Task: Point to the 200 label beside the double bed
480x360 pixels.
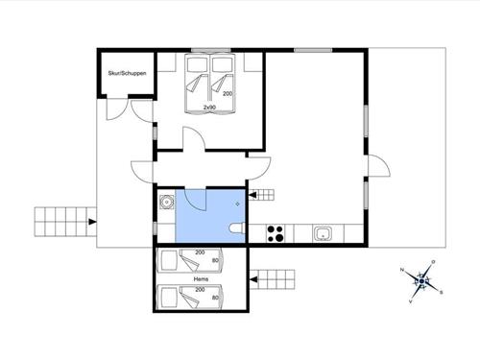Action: point(228,94)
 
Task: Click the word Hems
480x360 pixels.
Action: point(201,279)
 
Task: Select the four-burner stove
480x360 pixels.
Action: point(276,232)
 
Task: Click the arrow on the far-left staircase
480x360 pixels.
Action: point(91,222)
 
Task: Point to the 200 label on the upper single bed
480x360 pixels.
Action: point(200,252)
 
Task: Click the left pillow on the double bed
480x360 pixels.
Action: point(197,68)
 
